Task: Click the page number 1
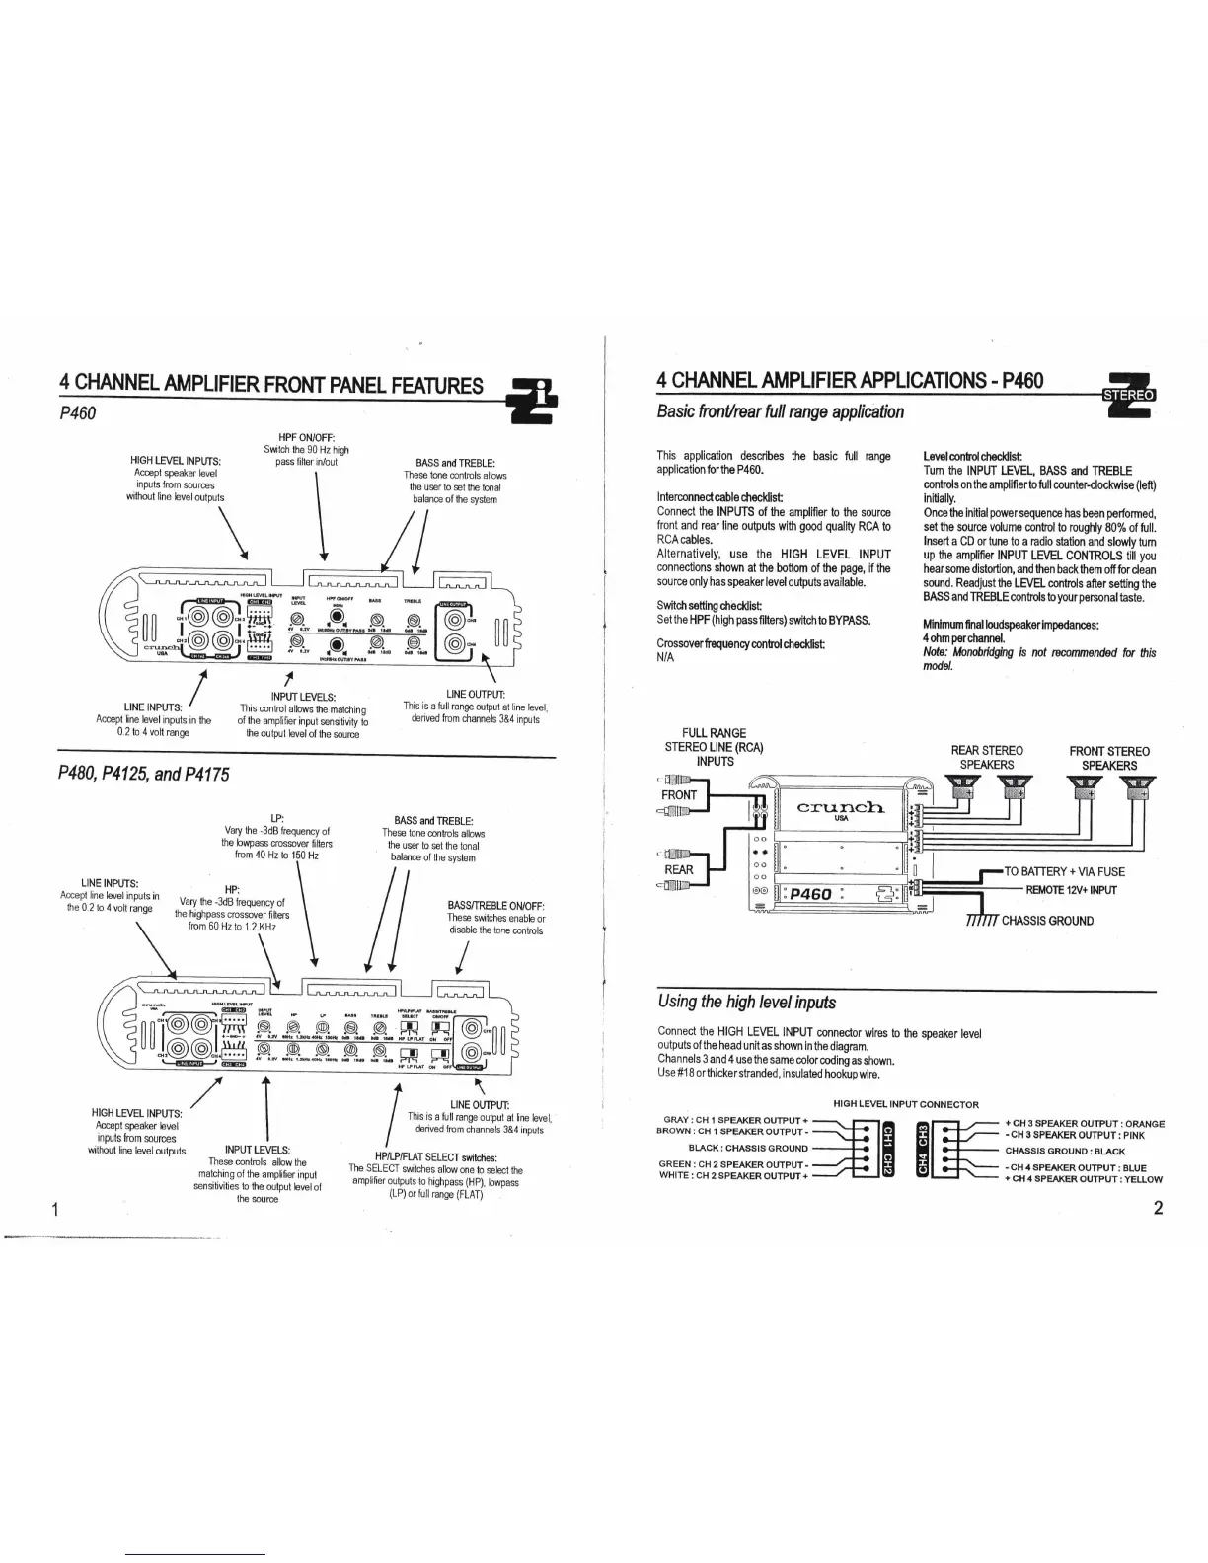58,1209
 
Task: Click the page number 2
1158,1209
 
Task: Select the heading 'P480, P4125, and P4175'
144,774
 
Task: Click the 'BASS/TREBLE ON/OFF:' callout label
496,905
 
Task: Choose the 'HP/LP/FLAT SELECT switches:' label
435,1157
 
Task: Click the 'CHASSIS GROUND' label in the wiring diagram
1047,921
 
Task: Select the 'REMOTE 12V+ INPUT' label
1071,890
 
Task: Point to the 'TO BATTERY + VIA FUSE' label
1064,871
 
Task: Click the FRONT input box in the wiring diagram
679,795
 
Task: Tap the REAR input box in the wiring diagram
679,870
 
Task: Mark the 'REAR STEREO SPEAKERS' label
987,758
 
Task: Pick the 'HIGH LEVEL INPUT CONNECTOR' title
905,1104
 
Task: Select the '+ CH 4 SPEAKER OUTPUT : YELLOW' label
1084,1178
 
